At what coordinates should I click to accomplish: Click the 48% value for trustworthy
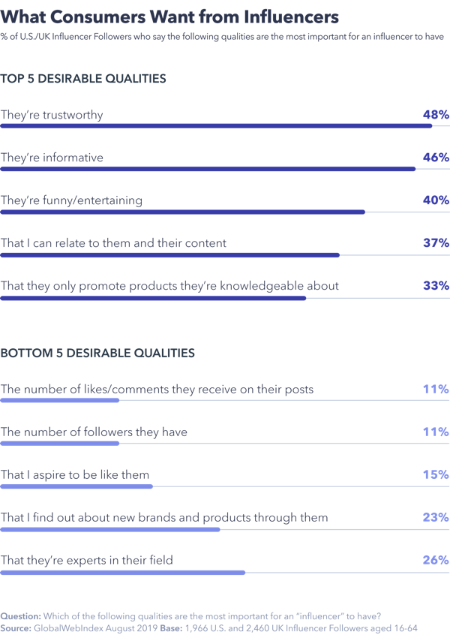[435, 115]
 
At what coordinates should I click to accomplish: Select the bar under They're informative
[208, 169]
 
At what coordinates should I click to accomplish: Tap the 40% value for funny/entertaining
[435, 200]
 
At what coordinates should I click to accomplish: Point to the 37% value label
[435, 243]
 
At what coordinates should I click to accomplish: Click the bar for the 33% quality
[153, 298]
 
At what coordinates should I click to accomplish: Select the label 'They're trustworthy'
[52, 115]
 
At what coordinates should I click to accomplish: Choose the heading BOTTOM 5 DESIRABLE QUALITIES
[97, 352]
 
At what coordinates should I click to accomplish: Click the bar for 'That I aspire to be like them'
[76, 486]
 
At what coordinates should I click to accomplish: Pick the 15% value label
[435, 475]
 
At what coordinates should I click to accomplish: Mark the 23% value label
[435, 517]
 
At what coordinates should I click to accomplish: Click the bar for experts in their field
[123, 573]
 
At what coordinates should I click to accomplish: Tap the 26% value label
[435, 560]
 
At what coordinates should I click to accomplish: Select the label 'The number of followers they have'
[94, 432]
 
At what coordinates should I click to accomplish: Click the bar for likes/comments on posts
[60, 401]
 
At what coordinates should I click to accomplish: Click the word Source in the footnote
[16, 627]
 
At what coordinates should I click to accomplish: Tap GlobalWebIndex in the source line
[68, 627]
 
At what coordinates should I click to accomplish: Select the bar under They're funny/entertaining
[182, 212]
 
